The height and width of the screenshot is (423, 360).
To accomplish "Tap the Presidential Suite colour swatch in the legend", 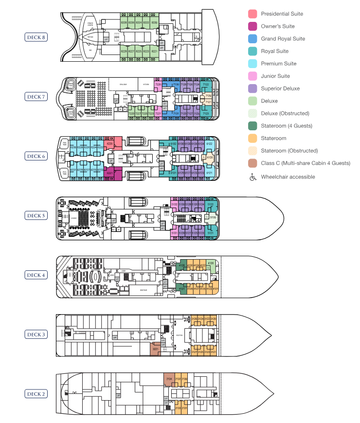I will click(x=252, y=14).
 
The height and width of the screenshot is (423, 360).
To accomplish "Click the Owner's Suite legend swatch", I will click(x=252, y=26).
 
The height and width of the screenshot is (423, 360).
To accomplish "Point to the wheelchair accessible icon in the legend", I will click(x=252, y=176).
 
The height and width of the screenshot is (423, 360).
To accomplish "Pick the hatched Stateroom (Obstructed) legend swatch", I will click(x=252, y=151).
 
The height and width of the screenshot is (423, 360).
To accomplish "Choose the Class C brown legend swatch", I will click(x=252, y=163).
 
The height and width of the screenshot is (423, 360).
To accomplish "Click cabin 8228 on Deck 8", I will click(x=124, y=22).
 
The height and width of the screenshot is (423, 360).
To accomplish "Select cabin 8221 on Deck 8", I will click(x=155, y=51).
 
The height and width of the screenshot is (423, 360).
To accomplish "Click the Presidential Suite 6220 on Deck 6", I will click(x=110, y=144).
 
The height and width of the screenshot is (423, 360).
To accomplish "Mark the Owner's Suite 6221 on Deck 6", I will click(x=110, y=172).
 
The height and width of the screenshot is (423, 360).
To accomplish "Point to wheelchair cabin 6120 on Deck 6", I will click(x=210, y=158).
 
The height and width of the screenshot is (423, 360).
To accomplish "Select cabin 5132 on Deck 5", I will click(x=174, y=205).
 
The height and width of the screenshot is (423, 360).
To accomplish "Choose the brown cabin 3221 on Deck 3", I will click(x=155, y=349).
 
